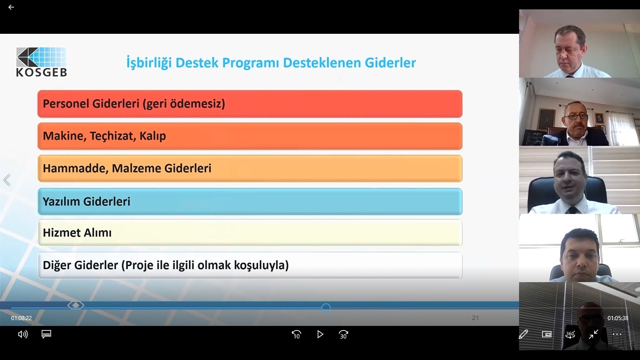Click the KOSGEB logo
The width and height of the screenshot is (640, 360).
(41, 62)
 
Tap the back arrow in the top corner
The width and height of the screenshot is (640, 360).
(11, 7)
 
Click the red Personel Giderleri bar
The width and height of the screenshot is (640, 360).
(250, 104)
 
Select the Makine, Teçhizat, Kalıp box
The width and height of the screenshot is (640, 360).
(250, 136)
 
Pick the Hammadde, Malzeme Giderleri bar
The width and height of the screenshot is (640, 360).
(250, 168)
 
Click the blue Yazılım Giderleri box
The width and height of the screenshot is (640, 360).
(250, 201)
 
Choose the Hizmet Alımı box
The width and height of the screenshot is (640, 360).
(250, 232)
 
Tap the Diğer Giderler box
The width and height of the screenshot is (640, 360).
(250, 265)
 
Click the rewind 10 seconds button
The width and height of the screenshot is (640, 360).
(296, 334)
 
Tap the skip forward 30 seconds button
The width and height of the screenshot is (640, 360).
(343, 334)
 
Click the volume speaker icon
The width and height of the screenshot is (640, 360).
(23, 334)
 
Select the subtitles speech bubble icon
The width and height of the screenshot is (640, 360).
(46, 334)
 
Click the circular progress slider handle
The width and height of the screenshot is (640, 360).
(326, 308)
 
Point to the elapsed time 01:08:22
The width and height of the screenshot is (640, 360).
(22, 318)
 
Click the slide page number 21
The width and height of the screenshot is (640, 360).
(475, 318)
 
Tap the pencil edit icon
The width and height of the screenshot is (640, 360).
(523, 334)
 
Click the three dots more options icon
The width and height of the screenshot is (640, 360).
(617, 334)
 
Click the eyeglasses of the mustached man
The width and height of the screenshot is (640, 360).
(576, 116)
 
